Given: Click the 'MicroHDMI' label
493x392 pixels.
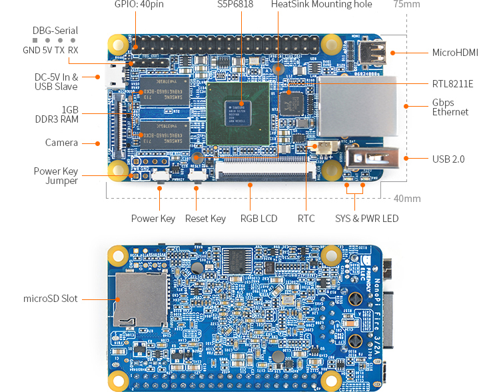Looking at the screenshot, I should (x=455, y=52).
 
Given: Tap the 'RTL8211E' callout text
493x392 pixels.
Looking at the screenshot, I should (x=452, y=83).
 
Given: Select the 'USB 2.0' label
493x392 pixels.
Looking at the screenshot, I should (x=448, y=159).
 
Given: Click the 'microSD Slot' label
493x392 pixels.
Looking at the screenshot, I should (x=51, y=298).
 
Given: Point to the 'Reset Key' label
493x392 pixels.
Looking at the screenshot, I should (x=205, y=219).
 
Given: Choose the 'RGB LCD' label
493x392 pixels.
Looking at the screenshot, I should (x=258, y=219).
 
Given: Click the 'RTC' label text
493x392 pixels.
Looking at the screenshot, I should (x=306, y=219).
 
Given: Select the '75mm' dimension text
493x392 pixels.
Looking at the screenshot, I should (x=406, y=5).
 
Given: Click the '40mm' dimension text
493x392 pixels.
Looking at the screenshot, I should (x=406, y=199).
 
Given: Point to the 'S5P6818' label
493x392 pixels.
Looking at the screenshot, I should (x=235, y=5).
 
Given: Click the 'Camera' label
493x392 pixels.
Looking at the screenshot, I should (x=61, y=143).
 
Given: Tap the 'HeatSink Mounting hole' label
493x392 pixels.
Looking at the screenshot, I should (x=321, y=5).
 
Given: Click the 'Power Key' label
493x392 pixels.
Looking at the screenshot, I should (x=153, y=219).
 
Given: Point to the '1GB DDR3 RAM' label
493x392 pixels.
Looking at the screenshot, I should (x=61, y=114).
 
